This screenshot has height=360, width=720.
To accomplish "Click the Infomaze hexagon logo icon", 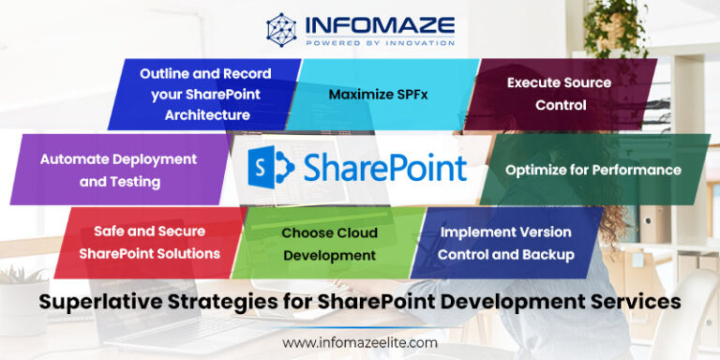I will (x=281, y=29).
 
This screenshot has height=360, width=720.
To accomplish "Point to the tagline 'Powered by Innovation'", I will (x=379, y=42).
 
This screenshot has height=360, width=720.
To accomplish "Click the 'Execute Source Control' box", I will (x=560, y=94).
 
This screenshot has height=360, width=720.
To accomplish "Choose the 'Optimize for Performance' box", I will (x=592, y=170).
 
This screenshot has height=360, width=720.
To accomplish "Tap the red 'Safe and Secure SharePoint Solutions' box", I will (x=149, y=243).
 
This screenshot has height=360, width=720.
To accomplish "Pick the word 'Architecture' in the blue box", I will (x=207, y=115).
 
